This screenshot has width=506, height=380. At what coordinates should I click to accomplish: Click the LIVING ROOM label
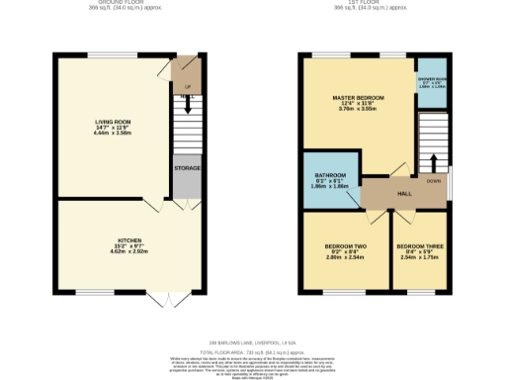pyautogui.click(x=113, y=122)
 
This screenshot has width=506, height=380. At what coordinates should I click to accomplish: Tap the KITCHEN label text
pyautogui.click(x=127, y=239)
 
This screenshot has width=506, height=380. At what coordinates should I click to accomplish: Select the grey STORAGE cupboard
pyautogui.click(x=187, y=168)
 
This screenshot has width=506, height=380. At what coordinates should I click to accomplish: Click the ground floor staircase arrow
pyautogui.click(x=187, y=104)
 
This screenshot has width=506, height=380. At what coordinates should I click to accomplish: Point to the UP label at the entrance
pyautogui.click(x=188, y=86)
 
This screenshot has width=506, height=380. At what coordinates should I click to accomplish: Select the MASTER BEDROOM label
pyautogui.click(x=358, y=98)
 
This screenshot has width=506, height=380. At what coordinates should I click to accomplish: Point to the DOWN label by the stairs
pyautogui.click(x=433, y=181)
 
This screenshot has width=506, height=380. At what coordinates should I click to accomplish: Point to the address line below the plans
pyautogui.click(x=252, y=343)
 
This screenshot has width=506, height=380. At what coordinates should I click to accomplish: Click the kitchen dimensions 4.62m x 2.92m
pyautogui.click(x=127, y=251)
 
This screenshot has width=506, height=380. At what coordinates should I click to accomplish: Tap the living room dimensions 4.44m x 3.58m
pyautogui.click(x=113, y=134)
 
